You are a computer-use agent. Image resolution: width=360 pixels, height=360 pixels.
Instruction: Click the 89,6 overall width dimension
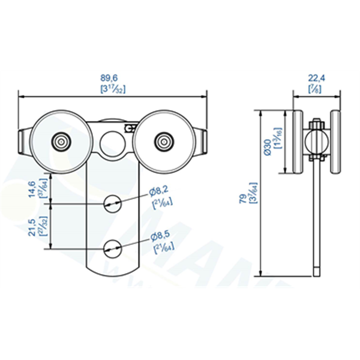pyautogui.click(x=113, y=77)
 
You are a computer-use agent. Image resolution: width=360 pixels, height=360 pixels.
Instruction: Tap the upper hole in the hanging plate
pyautogui.click(x=112, y=203)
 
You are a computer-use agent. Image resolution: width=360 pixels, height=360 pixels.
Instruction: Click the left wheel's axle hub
pyautogui.click(x=61, y=142)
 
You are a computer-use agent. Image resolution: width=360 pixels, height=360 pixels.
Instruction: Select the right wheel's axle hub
pyautogui.click(x=163, y=142)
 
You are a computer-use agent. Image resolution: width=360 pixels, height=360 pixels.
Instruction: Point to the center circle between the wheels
pyautogui.click(x=111, y=142)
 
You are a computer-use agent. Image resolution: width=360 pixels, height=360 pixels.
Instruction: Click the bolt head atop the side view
pyautogui.click(x=316, y=125)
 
